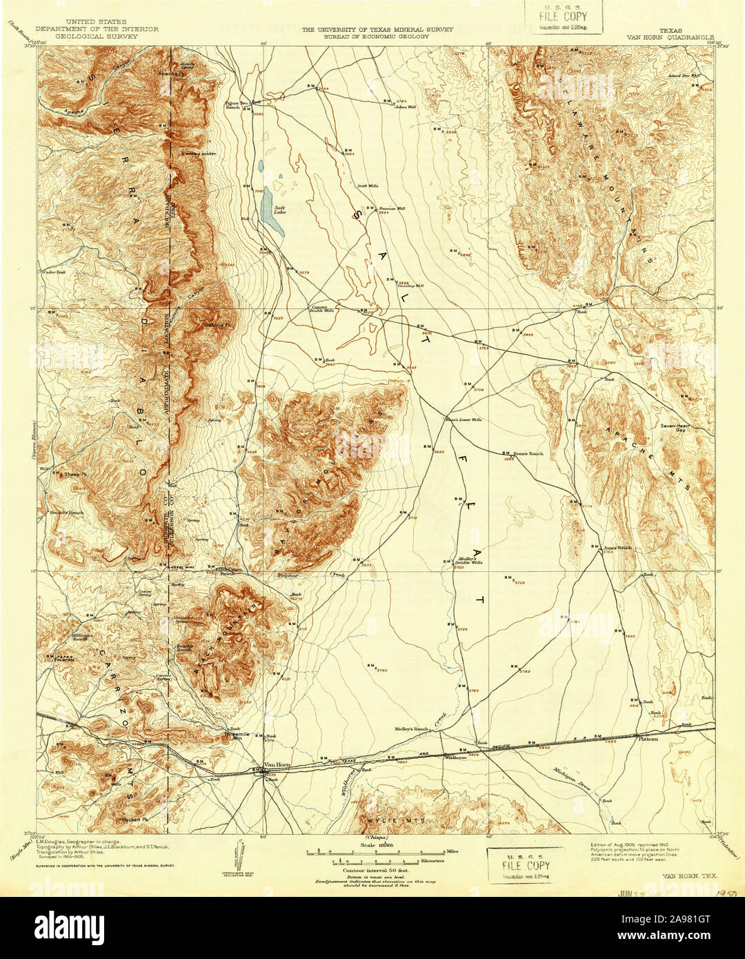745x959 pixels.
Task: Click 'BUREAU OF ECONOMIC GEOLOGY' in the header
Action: point(376,37)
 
